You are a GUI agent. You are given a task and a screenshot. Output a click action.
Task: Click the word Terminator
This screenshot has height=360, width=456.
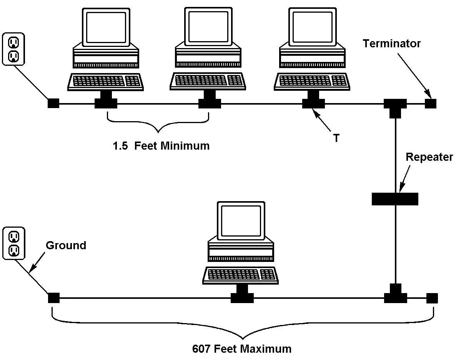pyautogui.click(x=392, y=43)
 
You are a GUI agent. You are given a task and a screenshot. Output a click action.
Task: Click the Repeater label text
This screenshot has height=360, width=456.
pyautogui.click(x=429, y=157)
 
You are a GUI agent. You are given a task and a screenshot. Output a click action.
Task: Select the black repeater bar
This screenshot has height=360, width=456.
pyautogui.click(x=395, y=199)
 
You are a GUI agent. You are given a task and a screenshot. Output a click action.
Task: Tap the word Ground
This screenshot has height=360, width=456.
pyautogui.click(x=66, y=245)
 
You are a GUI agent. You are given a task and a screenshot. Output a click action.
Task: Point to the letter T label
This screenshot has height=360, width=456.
pyautogui.click(x=336, y=138)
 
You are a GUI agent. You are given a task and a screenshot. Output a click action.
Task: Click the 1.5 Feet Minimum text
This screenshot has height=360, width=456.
pyautogui.click(x=161, y=146)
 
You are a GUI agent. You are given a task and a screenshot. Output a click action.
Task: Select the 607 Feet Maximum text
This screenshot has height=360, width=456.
pyautogui.click(x=241, y=349)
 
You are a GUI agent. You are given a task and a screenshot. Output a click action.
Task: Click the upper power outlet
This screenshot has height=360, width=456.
pyautogui.click(x=13, y=48)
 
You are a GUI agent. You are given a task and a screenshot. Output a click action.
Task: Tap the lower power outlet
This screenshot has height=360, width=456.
pyautogui.click(x=13, y=243)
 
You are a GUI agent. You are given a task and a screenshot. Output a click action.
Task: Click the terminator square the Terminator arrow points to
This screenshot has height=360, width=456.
pyautogui.click(x=431, y=103)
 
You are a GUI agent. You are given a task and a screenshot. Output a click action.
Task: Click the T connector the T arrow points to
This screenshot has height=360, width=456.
pyautogui.click(x=313, y=103)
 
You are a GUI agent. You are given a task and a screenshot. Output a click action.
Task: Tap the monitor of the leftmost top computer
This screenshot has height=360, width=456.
pyautogui.click(x=106, y=27)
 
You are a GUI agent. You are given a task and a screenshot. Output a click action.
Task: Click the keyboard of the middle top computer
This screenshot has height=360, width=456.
pyautogui.click(x=208, y=81)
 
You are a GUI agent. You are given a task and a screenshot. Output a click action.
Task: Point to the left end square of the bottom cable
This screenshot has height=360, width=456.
pyautogui.click(x=53, y=298)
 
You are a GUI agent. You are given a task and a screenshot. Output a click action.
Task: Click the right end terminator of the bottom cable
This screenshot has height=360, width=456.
pyautogui.click(x=432, y=298)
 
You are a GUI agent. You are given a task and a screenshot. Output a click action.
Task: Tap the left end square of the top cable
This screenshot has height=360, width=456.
pyautogui.click(x=53, y=103)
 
